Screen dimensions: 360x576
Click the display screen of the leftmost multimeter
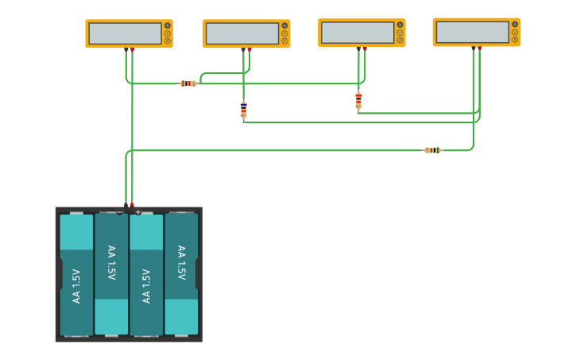point(125,33)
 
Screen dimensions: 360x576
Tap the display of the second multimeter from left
point(242,33)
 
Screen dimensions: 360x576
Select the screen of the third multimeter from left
point(358,33)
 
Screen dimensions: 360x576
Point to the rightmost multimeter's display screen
point(472,32)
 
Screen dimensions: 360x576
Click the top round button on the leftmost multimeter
point(167,25)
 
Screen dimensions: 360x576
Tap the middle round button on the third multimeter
point(400,33)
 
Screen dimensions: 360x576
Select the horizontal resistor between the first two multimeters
point(188,83)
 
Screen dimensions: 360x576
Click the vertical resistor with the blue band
point(244,110)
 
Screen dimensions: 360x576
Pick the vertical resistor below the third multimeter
point(358,100)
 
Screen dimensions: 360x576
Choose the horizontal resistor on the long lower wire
point(432,150)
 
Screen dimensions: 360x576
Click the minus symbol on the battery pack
point(119,213)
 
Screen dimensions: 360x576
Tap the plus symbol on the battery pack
point(138,212)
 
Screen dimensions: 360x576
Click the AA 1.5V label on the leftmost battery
point(76,286)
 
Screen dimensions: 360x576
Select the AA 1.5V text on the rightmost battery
point(181,262)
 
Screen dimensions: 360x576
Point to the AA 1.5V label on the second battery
point(111,262)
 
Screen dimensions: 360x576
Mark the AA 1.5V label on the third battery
point(146,286)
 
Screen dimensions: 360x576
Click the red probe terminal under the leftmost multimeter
point(133,50)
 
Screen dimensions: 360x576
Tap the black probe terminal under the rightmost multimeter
point(474,48)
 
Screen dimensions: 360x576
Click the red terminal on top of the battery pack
point(132,205)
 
